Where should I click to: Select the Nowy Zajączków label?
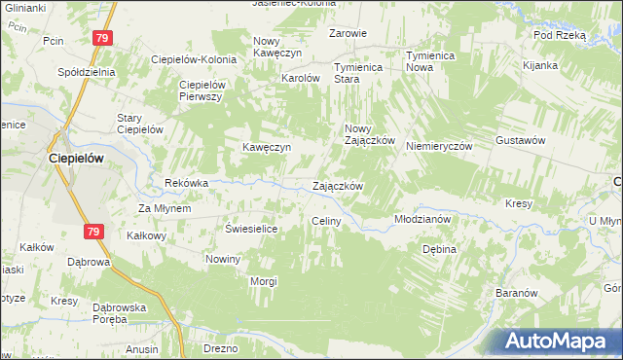pyautogui.click(x=369, y=134)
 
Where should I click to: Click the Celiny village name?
pyautogui.click(x=325, y=222)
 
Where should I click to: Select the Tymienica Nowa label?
pyautogui.click(x=432, y=61)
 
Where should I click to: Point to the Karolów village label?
pyautogui.click(x=301, y=78)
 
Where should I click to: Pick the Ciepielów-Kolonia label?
pyautogui.click(x=194, y=59)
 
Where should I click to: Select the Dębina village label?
pyautogui.click(x=439, y=249)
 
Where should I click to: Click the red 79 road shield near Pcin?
pyautogui.click(x=103, y=37)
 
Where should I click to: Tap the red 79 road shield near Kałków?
pyautogui.click(x=92, y=231)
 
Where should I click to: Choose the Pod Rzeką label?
pyautogui.click(x=559, y=35)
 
